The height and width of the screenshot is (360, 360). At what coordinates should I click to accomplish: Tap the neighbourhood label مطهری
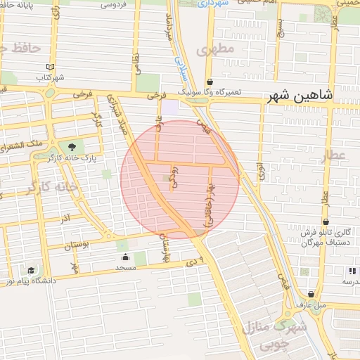coord(215,51)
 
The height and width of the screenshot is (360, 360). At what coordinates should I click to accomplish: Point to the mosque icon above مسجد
coord(125,257)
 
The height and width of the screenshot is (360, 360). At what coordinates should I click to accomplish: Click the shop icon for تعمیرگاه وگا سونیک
coord(211,82)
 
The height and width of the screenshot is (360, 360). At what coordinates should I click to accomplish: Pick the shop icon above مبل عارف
coord(311,293)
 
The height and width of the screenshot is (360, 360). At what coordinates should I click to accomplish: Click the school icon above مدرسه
coord(351,271)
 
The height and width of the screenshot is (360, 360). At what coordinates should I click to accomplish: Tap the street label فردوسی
coord(113,4)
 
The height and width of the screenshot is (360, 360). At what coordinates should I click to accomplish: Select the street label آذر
coord(64,219)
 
